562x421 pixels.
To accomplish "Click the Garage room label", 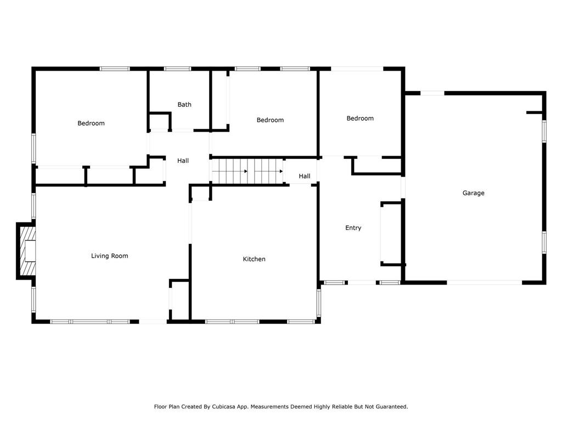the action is click(473, 193).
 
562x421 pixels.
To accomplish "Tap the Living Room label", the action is click(109, 255).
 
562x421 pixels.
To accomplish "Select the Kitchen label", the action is click(254, 259).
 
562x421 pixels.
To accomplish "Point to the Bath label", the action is click(184, 105).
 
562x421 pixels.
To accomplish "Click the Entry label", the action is click(353, 227).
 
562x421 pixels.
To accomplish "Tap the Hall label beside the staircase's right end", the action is click(304, 176).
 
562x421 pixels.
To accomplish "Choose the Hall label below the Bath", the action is click(183, 161).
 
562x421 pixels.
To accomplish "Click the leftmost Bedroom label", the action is click(91, 123).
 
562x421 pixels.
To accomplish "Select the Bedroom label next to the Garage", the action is click(360, 118).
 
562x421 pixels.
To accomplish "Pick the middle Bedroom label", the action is click(270, 120).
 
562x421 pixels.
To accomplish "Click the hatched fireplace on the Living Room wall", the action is click(27, 251).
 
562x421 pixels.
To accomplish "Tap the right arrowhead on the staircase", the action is click(282, 172).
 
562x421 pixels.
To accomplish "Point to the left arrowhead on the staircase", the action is click(246, 172).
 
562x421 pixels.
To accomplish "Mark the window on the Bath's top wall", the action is click(178, 69).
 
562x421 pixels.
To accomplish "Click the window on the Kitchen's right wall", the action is click(318, 303).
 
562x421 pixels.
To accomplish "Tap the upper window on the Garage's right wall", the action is click(544, 132).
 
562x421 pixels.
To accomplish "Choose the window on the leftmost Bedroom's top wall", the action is click(115, 69).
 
